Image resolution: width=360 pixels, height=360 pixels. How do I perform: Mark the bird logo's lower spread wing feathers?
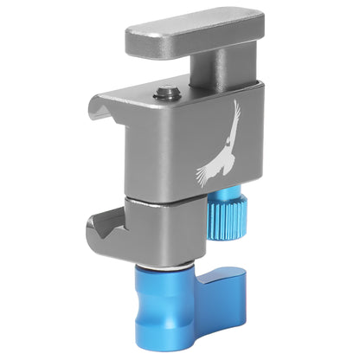coord(208,173)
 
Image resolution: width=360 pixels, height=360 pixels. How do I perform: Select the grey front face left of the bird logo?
coord(156,147)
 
